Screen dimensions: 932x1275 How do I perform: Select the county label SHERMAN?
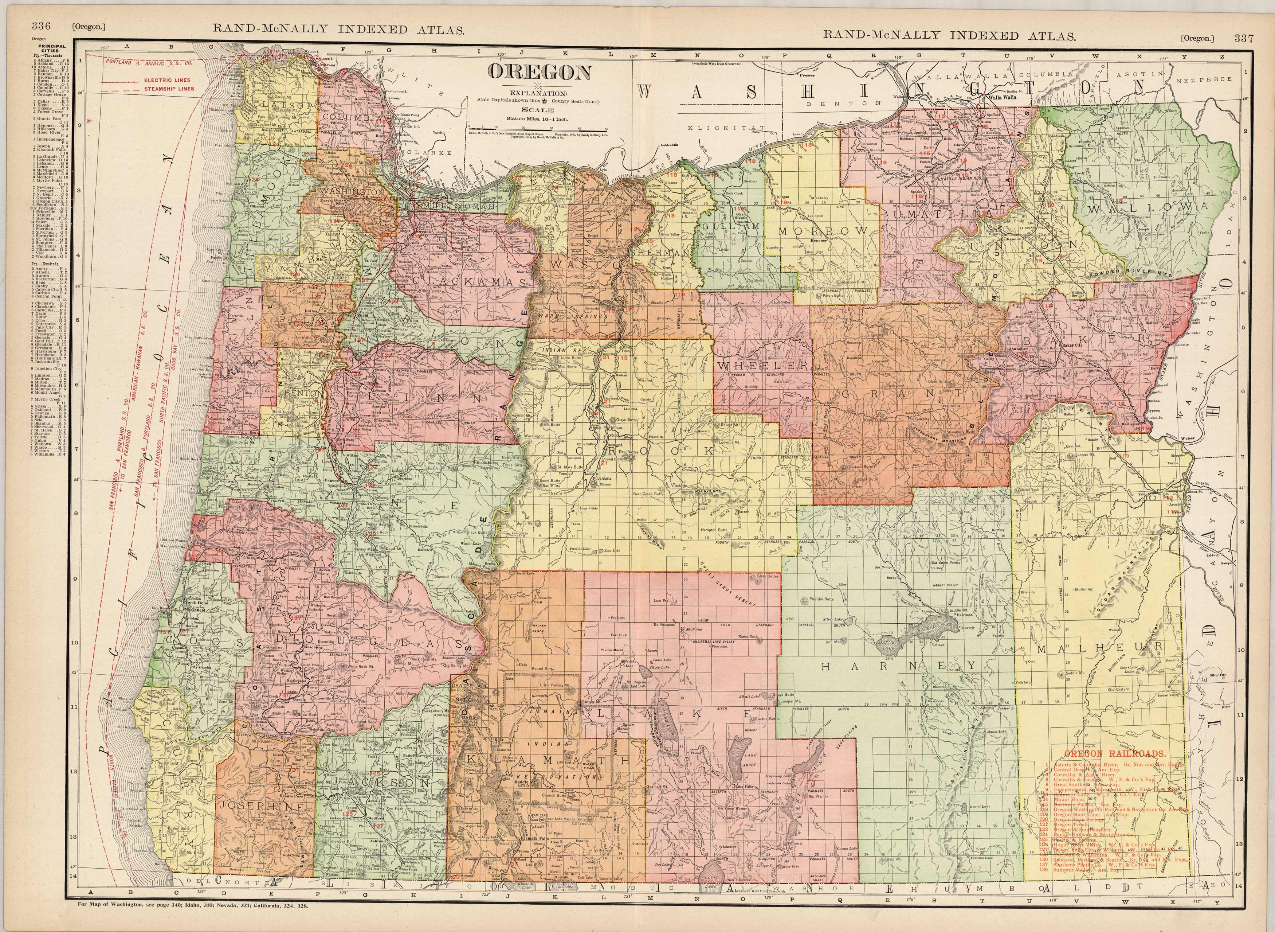[x=661, y=254]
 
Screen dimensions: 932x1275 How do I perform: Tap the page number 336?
[x=42, y=25]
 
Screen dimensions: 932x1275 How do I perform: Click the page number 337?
[x=1243, y=38]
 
